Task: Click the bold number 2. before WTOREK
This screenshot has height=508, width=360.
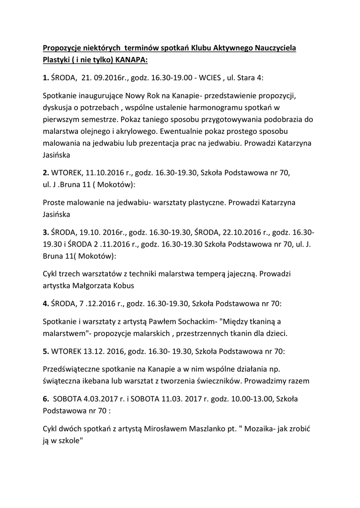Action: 46,173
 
